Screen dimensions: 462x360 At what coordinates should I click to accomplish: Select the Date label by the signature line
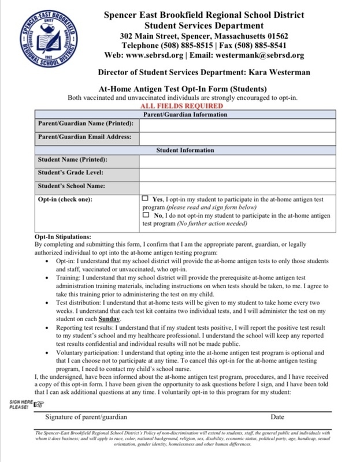(277, 416)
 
